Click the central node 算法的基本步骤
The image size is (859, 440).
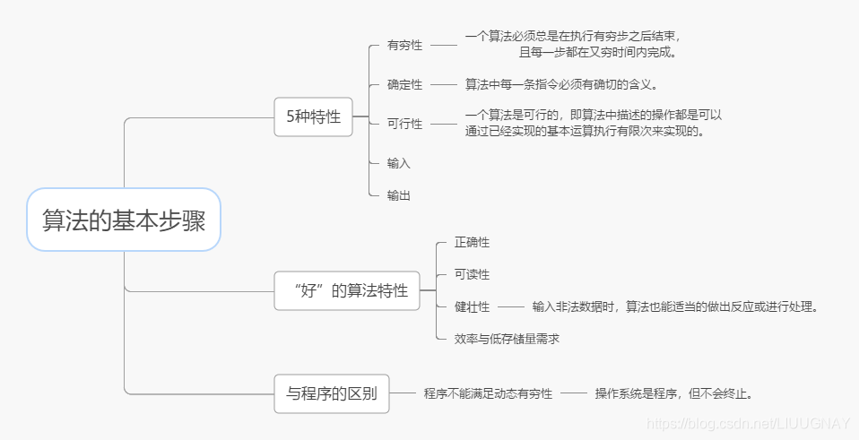[x=124, y=220]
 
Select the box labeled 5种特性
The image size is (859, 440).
[x=313, y=116]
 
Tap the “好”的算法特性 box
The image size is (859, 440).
[x=347, y=290]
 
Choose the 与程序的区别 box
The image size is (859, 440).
[x=332, y=393]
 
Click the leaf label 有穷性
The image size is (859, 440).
[x=404, y=45]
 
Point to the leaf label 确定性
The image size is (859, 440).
[x=404, y=84]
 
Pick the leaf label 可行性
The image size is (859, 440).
[x=404, y=124]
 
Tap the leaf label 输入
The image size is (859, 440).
[x=399, y=163]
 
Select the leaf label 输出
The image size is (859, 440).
[x=399, y=194]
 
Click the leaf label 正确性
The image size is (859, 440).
[x=472, y=243]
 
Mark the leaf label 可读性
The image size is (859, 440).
[x=472, y=274]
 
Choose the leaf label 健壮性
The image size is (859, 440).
[x=472, y=306]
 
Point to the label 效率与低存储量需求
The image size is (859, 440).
[x=507, y=339]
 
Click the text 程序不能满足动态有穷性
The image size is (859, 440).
[x=488, y=393]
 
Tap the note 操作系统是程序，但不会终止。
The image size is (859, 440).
[x=673, y=393]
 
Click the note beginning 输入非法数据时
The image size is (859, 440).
[x=674, y=306]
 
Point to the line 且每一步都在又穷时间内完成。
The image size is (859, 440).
[x=597, y=52]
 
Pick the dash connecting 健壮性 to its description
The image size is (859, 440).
[x=510, y=306]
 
